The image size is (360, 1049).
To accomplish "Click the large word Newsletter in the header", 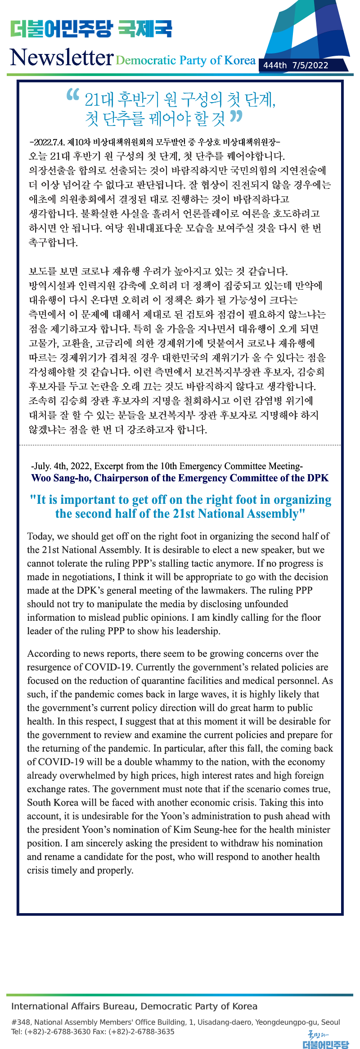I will [61, 58].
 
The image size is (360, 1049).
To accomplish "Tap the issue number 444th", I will [274, 65].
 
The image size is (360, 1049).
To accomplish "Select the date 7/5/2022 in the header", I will [310, 65].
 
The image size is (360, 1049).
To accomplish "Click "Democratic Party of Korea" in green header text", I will [185, 60].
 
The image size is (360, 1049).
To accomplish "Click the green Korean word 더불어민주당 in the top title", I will [61, 29].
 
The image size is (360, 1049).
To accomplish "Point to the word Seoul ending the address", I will [331, 1022].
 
